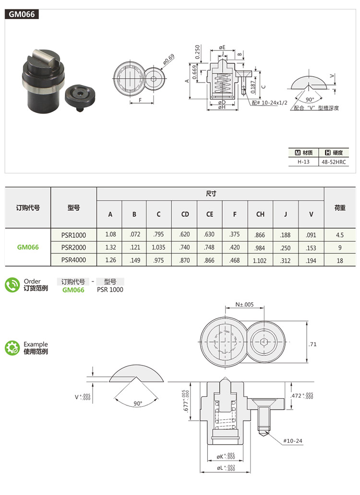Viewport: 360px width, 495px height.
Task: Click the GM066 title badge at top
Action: pos(22,14)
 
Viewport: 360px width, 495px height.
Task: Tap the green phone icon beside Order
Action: pos(12,285)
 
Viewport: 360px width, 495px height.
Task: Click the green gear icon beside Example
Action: pos(12,348)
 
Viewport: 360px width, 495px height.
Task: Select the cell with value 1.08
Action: pos(110,235)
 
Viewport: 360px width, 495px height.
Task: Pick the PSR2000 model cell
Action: pos(73,247)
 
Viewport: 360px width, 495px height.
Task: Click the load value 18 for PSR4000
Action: pos(340,261)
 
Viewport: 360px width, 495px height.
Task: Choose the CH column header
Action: pos(260,214)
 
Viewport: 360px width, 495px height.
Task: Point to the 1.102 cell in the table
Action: pos(260,261)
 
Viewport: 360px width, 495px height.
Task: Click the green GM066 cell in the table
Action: pos(28,247)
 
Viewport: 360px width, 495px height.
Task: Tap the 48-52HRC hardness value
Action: pos(334,162)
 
